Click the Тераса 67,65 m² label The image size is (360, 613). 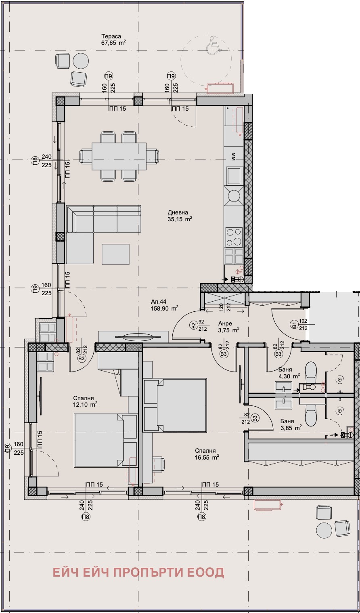(x=113, y=40)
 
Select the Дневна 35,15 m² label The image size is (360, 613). (x=180, y=216)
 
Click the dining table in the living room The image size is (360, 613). (x=119, y=156)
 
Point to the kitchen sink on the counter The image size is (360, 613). (x=234, y=176)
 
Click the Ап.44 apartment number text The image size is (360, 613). (x=159, y=302)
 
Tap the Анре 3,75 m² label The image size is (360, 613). (x=229, y=327)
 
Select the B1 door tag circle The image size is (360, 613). (x=294, y=325)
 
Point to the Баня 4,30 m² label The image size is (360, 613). (x=289, y=373)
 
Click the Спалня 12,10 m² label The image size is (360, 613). (x=85, y=401)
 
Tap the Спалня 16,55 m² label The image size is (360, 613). (x=207, y=454)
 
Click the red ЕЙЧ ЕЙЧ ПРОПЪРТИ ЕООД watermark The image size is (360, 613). (x=138, y=564)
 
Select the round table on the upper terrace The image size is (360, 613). (x=81, y=61)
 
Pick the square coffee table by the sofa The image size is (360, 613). (x=115, y=254)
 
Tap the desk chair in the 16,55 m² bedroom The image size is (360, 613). (x=158, y=464)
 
